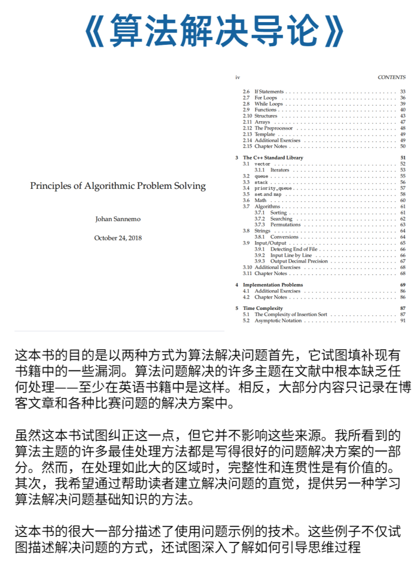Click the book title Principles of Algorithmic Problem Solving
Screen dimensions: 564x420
click(x=118, y=186)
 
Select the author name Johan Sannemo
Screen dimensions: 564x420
click(x=118, y=219)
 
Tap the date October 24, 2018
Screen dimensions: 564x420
click(x=118, y=238)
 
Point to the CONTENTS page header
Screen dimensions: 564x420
click(x=391, y=77)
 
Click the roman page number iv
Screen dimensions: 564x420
click(x=238, y=77)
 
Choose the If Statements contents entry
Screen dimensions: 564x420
click(x=269, y=92)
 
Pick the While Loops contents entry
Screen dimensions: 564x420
click(x=269, y=104)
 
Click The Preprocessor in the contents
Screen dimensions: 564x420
click(x=273, y=128)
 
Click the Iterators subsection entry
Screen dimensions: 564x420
click(x=279, y=170)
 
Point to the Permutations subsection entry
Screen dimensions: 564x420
click(x=285, y=225)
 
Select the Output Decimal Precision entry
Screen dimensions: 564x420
click(x=299, y=261)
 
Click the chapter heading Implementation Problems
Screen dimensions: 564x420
click(x=273, y=285)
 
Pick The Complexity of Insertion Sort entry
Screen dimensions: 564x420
click(x=291, y=315)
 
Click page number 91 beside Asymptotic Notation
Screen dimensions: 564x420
click(x=403, y=321)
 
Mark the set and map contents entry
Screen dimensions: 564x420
click(x=267, y=194)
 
